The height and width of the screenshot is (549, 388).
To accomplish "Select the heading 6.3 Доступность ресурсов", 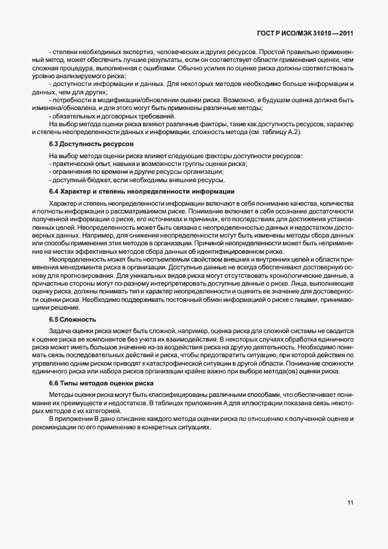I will tap(91, 145).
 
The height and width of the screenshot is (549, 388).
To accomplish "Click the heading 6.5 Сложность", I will tap(73, 318).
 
